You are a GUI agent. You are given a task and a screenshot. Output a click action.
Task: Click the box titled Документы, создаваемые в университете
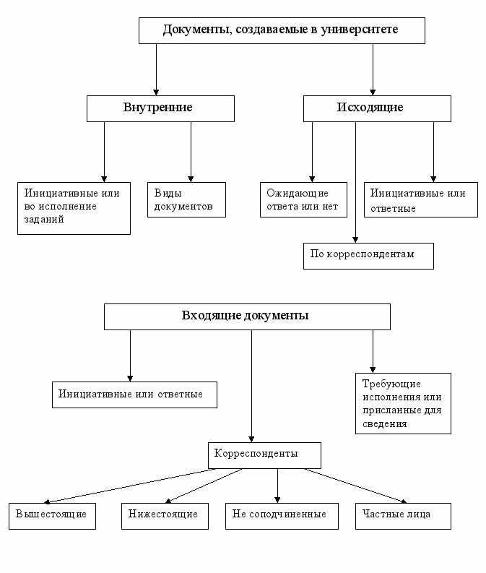point(282,30)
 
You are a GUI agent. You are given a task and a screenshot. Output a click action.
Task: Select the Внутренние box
point(160,108)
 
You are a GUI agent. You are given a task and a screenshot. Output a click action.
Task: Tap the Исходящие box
point(377,108)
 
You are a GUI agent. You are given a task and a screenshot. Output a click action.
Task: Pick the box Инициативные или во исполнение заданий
point(74,208)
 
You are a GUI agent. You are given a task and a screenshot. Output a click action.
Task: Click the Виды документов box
point(186,200)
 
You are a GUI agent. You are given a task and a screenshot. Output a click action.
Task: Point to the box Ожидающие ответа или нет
point(303,200)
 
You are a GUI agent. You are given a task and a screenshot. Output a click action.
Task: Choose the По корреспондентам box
point(368,257)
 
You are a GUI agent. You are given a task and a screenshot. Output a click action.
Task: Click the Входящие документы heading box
point(247,316)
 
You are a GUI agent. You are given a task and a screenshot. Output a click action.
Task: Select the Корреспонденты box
point(265,456)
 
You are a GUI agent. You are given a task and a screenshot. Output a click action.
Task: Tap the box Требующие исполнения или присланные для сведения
point(403,403)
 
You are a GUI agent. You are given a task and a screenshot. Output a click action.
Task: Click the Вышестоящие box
point(52,516)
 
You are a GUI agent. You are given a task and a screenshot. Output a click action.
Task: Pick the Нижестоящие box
point(165,516)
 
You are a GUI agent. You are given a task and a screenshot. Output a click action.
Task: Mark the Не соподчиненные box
point(282,516)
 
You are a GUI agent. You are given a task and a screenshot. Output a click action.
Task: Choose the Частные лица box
point(403,516)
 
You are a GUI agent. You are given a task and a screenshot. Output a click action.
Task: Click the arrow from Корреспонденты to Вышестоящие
point(130,486)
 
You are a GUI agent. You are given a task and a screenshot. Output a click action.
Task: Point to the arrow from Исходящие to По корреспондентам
point(355,182)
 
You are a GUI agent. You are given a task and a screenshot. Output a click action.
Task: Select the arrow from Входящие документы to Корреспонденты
point(251,387)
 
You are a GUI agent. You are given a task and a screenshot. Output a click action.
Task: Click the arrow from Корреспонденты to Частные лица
point(356,486)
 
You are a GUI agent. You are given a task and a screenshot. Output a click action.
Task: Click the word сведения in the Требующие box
point(384,424)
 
